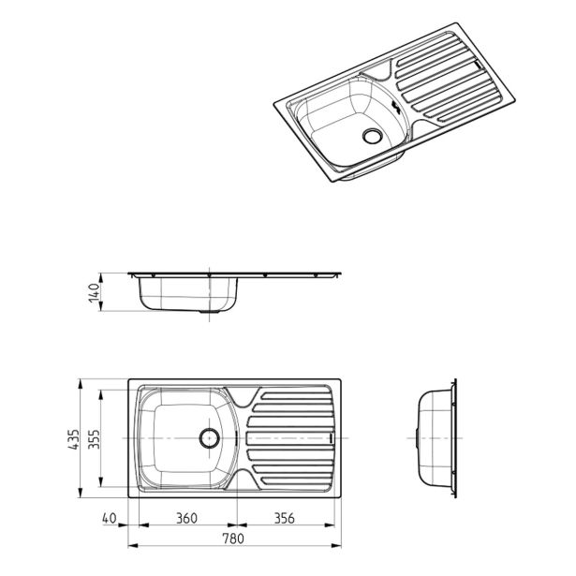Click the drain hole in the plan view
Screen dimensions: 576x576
pos(209,436)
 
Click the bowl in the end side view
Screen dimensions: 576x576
pos(434,437)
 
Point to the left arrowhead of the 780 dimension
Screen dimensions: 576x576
pos(129,547)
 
